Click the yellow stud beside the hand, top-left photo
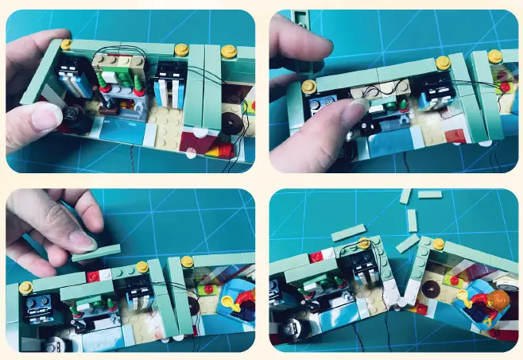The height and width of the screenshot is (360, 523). (x=65, y=44)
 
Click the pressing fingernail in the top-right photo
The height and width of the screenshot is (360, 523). (x=351, y=108)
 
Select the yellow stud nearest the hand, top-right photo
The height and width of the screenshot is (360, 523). (x=308, y=84)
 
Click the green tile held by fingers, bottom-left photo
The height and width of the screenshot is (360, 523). (x=96, y=252)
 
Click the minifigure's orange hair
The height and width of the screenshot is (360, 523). (x=498, y=300)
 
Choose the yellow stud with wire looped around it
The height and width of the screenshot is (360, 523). (x=364, y=242)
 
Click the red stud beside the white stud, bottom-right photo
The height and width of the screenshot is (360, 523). (x=316, y=257)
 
